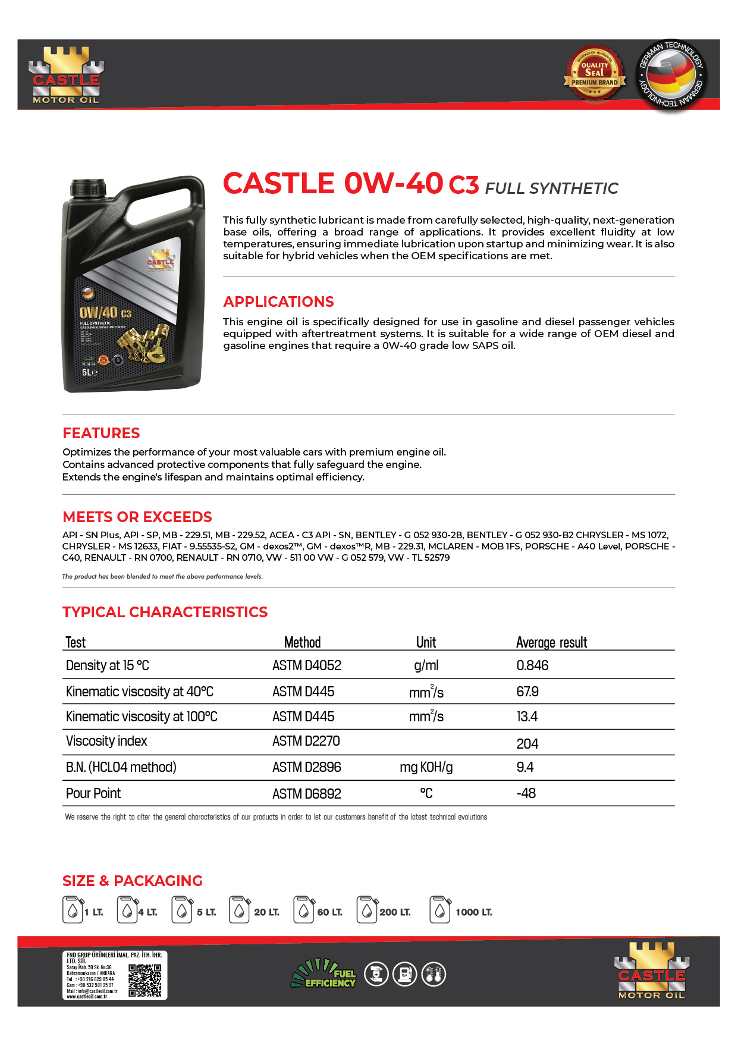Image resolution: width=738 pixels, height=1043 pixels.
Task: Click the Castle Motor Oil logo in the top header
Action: click(66, 75)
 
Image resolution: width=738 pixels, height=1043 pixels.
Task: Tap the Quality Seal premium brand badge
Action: click(595, 74)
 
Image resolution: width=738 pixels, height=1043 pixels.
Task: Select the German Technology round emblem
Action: click(670, 75)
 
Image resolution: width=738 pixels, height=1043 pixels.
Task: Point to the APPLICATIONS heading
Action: click(278, 301)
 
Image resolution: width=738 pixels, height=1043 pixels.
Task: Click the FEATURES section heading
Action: click(101, 433)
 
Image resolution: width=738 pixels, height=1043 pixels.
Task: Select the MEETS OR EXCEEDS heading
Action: click(137, 517)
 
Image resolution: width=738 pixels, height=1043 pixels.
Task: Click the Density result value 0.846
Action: click(532, 665)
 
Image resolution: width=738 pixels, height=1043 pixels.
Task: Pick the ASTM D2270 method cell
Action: click(306, 742)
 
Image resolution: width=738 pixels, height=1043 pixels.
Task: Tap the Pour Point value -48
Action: click(526, 793)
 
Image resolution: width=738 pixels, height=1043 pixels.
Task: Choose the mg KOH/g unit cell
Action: click(426, 767)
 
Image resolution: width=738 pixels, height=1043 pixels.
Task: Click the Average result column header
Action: click(551, 642)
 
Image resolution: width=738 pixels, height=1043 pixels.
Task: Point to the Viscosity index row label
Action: click(106, 742)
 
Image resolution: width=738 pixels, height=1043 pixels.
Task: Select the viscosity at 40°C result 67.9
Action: click(527, 692)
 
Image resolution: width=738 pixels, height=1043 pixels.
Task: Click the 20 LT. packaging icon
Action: click(239, 910)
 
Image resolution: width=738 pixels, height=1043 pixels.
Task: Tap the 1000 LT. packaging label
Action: click(473, 912)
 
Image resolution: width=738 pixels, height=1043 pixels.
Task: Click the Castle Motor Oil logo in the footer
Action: click(651, 970)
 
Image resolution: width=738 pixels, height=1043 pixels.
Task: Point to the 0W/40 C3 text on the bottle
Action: click(105, 312)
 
